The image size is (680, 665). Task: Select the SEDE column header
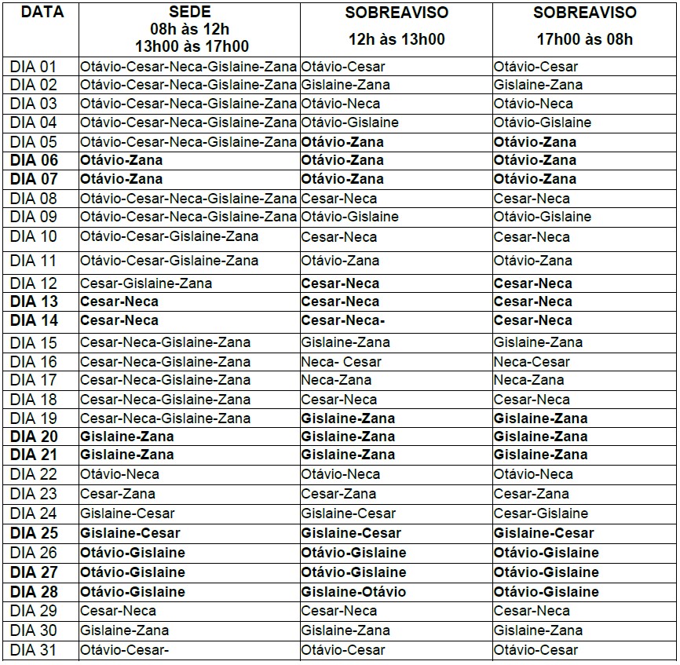pos(188,29)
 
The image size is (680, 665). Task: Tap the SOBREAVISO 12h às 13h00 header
pos(397,26)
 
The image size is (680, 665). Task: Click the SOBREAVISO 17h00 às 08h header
pos(585,26)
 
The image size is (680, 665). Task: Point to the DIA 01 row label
pos(34,67)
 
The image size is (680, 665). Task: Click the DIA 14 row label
pos(34,320)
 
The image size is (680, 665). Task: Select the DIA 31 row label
pos(34,650)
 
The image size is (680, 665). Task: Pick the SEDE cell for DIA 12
pos(146,283)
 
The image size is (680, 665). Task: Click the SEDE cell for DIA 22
pos(120,474)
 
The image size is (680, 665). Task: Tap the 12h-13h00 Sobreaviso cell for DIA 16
pos(342,362)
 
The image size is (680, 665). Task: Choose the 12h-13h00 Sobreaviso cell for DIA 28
pos(353,592)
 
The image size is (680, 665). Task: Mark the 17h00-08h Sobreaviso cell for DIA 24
pos(541,513)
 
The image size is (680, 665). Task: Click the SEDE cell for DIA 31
pos(125,650)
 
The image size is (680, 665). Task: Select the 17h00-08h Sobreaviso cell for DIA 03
pos(533,104)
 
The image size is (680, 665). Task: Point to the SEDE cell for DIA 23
pos(118,494)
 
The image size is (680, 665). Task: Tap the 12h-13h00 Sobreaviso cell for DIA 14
pos(343,320)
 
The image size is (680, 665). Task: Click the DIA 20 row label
pos(34,437)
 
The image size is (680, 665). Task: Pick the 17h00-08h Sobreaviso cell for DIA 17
pos(529,380)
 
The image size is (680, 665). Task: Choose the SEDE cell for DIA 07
pos(122,179)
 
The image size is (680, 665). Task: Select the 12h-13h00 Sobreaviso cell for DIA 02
pos(345,85)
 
